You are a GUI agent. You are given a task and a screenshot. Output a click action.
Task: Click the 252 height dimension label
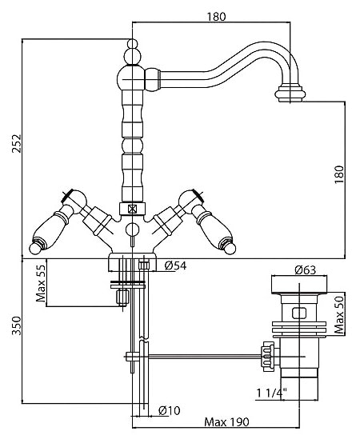click(x=16, y=143)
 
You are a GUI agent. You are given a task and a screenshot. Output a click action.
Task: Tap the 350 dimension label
click(x=16, y=325)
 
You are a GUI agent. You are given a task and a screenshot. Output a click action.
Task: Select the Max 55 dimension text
click(x=41, y=283)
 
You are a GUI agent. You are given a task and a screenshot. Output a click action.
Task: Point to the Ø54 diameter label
click(x=175, y=265)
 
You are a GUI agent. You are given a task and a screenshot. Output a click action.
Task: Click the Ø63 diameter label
click(x=305, y=269)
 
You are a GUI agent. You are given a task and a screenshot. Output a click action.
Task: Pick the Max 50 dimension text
click(x=339, y=314)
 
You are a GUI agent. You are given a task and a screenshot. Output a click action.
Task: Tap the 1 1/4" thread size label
click(x=271, y=393)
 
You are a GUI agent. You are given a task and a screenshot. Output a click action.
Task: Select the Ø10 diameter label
click(x=169, y=410)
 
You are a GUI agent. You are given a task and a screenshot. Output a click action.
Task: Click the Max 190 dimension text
click(x=226, y=422)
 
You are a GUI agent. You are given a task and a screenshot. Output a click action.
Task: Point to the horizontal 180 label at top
click(x=217, y=17)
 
